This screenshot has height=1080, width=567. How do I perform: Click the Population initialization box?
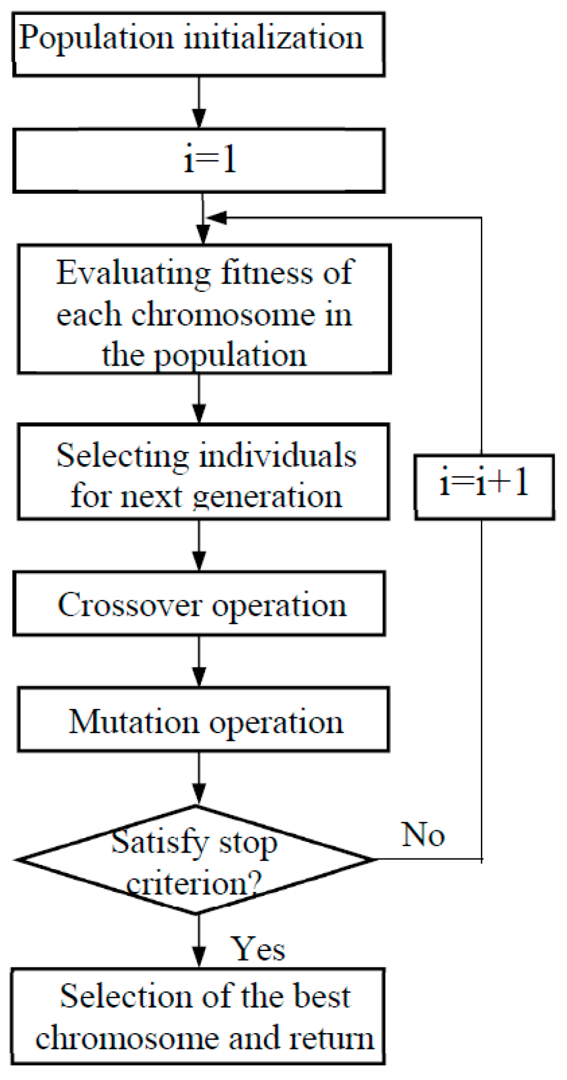click(199, 45)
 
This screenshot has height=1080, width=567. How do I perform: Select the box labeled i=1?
click(199, 161)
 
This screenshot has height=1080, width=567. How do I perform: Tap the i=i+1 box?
click(484, 486)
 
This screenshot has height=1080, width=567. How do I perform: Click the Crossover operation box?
click(199, 604)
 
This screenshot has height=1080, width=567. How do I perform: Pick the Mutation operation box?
click(203, 720)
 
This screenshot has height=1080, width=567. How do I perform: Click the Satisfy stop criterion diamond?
click(195, 860)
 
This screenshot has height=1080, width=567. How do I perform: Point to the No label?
click(423, 834)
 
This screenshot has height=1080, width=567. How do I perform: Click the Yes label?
click(258, 948)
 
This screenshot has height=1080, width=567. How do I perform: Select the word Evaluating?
click(133, 274)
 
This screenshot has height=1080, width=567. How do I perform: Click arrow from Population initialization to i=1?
click(199, 103)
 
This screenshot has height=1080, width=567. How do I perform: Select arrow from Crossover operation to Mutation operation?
click(199, 661)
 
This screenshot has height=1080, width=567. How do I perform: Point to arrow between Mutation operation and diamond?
click(199, 778)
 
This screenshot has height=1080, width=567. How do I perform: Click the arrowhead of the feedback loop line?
click(215, 218)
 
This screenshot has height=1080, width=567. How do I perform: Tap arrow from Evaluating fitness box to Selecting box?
click(199, 398)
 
